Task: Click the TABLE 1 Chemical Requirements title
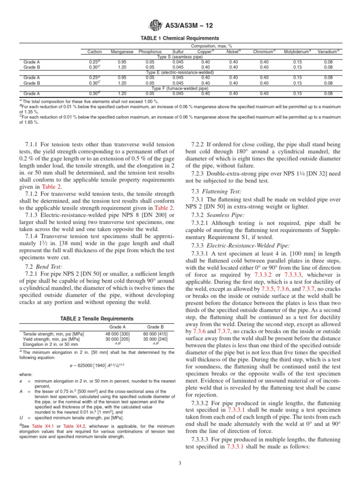[x=180, y=38]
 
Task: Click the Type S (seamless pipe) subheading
[x=180, y=57]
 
